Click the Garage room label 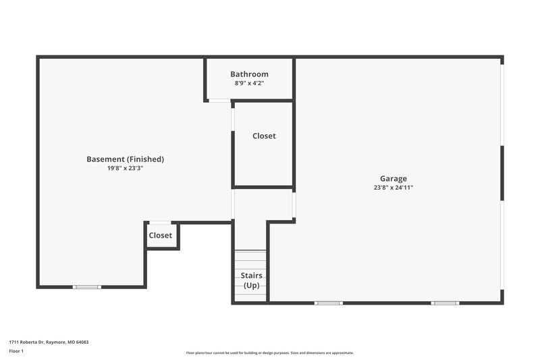point(393,179)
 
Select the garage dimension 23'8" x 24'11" point(393,188)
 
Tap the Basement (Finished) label point(125,159)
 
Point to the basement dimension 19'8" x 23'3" point(125,168)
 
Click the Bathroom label point(249,74)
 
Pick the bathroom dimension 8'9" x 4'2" point(249,83)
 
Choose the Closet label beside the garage point(264,136)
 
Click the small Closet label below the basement point(161,236)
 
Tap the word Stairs point(251,276)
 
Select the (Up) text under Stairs point(251,285)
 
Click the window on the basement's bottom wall point(87,287)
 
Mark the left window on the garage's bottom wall point(329,303)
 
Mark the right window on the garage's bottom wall point(446,303)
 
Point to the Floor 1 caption point(16,351)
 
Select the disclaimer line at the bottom point(269,353)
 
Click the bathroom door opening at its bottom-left point(219,101)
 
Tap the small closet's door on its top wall point(160,222)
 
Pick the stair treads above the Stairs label point(250,259)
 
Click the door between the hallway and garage point(294,205)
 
